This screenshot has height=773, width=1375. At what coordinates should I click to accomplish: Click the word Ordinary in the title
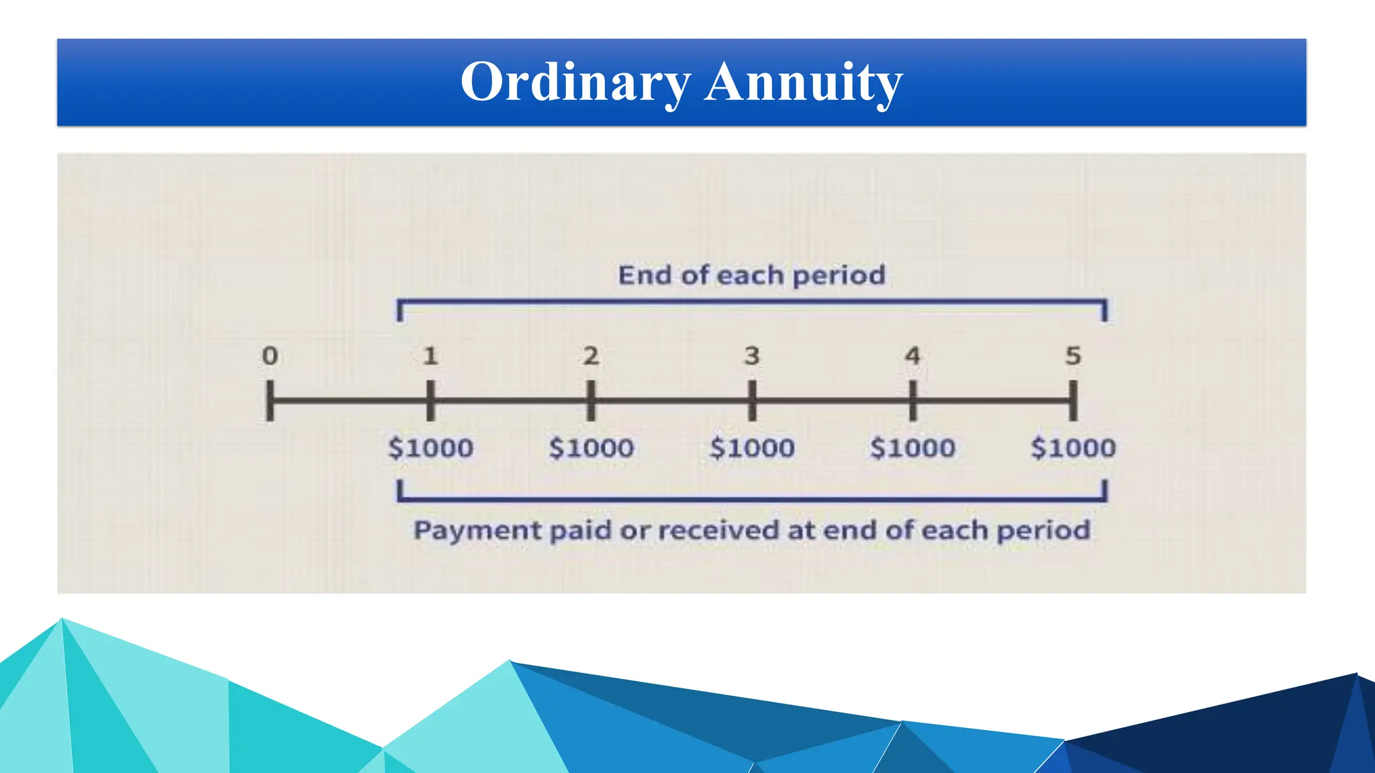click(x=575, y=82)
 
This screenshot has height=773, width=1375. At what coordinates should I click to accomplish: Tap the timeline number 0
click(x=270, y=356)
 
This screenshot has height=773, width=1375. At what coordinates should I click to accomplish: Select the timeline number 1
click(x=430, y=356)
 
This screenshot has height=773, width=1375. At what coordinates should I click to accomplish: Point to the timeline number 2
click(x=591, y=356)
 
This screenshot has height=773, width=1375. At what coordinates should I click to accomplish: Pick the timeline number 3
click(x=752, y=356)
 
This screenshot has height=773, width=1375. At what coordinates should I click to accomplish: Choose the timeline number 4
click(x=912, y=356)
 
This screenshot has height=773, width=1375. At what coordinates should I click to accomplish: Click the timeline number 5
click(x=1073, y=356)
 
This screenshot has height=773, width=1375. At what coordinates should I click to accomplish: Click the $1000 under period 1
click(x=430, y=448)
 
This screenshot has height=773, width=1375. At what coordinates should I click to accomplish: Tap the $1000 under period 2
click(x=591, y=448)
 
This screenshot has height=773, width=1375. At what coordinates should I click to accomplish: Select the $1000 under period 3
click(x=752, y=448)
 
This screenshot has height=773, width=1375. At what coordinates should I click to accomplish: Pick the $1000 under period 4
click(x=912, y=448)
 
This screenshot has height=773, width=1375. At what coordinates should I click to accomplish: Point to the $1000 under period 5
click(x=1073, y=448)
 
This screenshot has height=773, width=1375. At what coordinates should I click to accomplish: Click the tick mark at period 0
click(x=270, y=401)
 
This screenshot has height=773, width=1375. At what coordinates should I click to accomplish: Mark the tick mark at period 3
click(x=752, y=401)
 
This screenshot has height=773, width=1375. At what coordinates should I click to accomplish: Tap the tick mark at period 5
click(x=1073, y=401)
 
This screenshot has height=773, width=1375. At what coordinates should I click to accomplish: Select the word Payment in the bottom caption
click(x=478, y=531)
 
